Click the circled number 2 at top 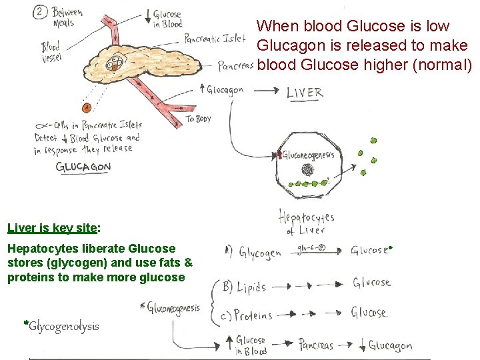point(42,12)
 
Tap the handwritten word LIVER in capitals point(305,93)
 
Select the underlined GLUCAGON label point(83,167)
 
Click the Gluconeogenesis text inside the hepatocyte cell point(308,155)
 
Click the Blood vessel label point(51,52)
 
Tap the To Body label point(199,119)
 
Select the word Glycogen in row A point(260,253)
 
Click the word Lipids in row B point(251,287)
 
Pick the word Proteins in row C point(253,315)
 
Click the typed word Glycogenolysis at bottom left point(63,326)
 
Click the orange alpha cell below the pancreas point(86,107)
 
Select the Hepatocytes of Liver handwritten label point(306,223)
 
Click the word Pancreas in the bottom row point(316,345)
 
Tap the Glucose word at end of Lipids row point(371,283)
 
